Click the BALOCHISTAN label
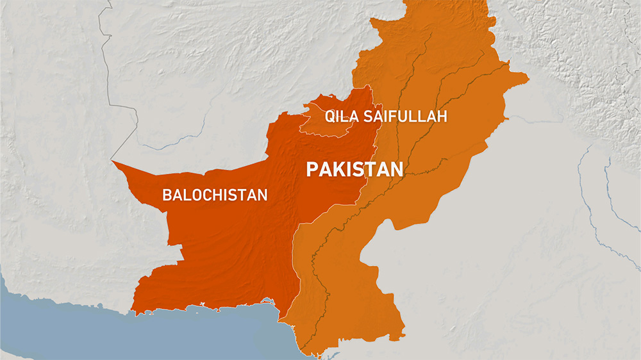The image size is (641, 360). tap(215, 195)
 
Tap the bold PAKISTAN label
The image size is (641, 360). tap(354, 169)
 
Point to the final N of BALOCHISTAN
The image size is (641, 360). tap(262, 195)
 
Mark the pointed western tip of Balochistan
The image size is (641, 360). tap(113, 161)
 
